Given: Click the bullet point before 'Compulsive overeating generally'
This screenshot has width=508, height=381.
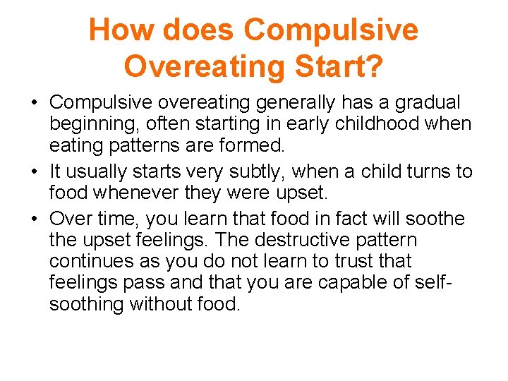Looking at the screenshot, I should (x=34, y=103).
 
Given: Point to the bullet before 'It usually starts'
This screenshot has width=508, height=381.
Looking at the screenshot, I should (x=34, y=171).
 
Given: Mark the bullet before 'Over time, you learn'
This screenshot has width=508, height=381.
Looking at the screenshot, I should (x=34, y=219).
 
